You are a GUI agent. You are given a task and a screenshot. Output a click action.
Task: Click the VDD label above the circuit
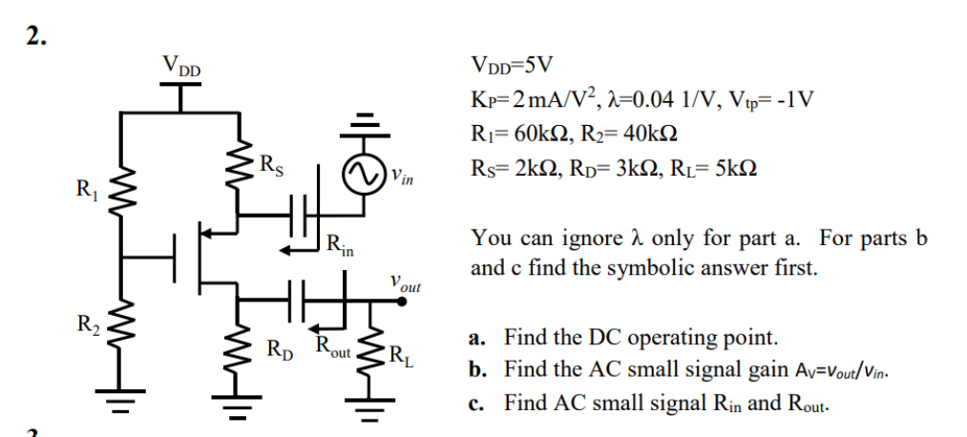[181, 67]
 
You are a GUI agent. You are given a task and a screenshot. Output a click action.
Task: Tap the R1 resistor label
[86, 188]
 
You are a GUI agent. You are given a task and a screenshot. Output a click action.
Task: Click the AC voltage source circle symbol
[363, 177]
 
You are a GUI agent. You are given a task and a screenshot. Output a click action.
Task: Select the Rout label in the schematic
[334, 349]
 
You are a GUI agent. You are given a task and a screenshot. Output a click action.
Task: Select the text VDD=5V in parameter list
[513, 67]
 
